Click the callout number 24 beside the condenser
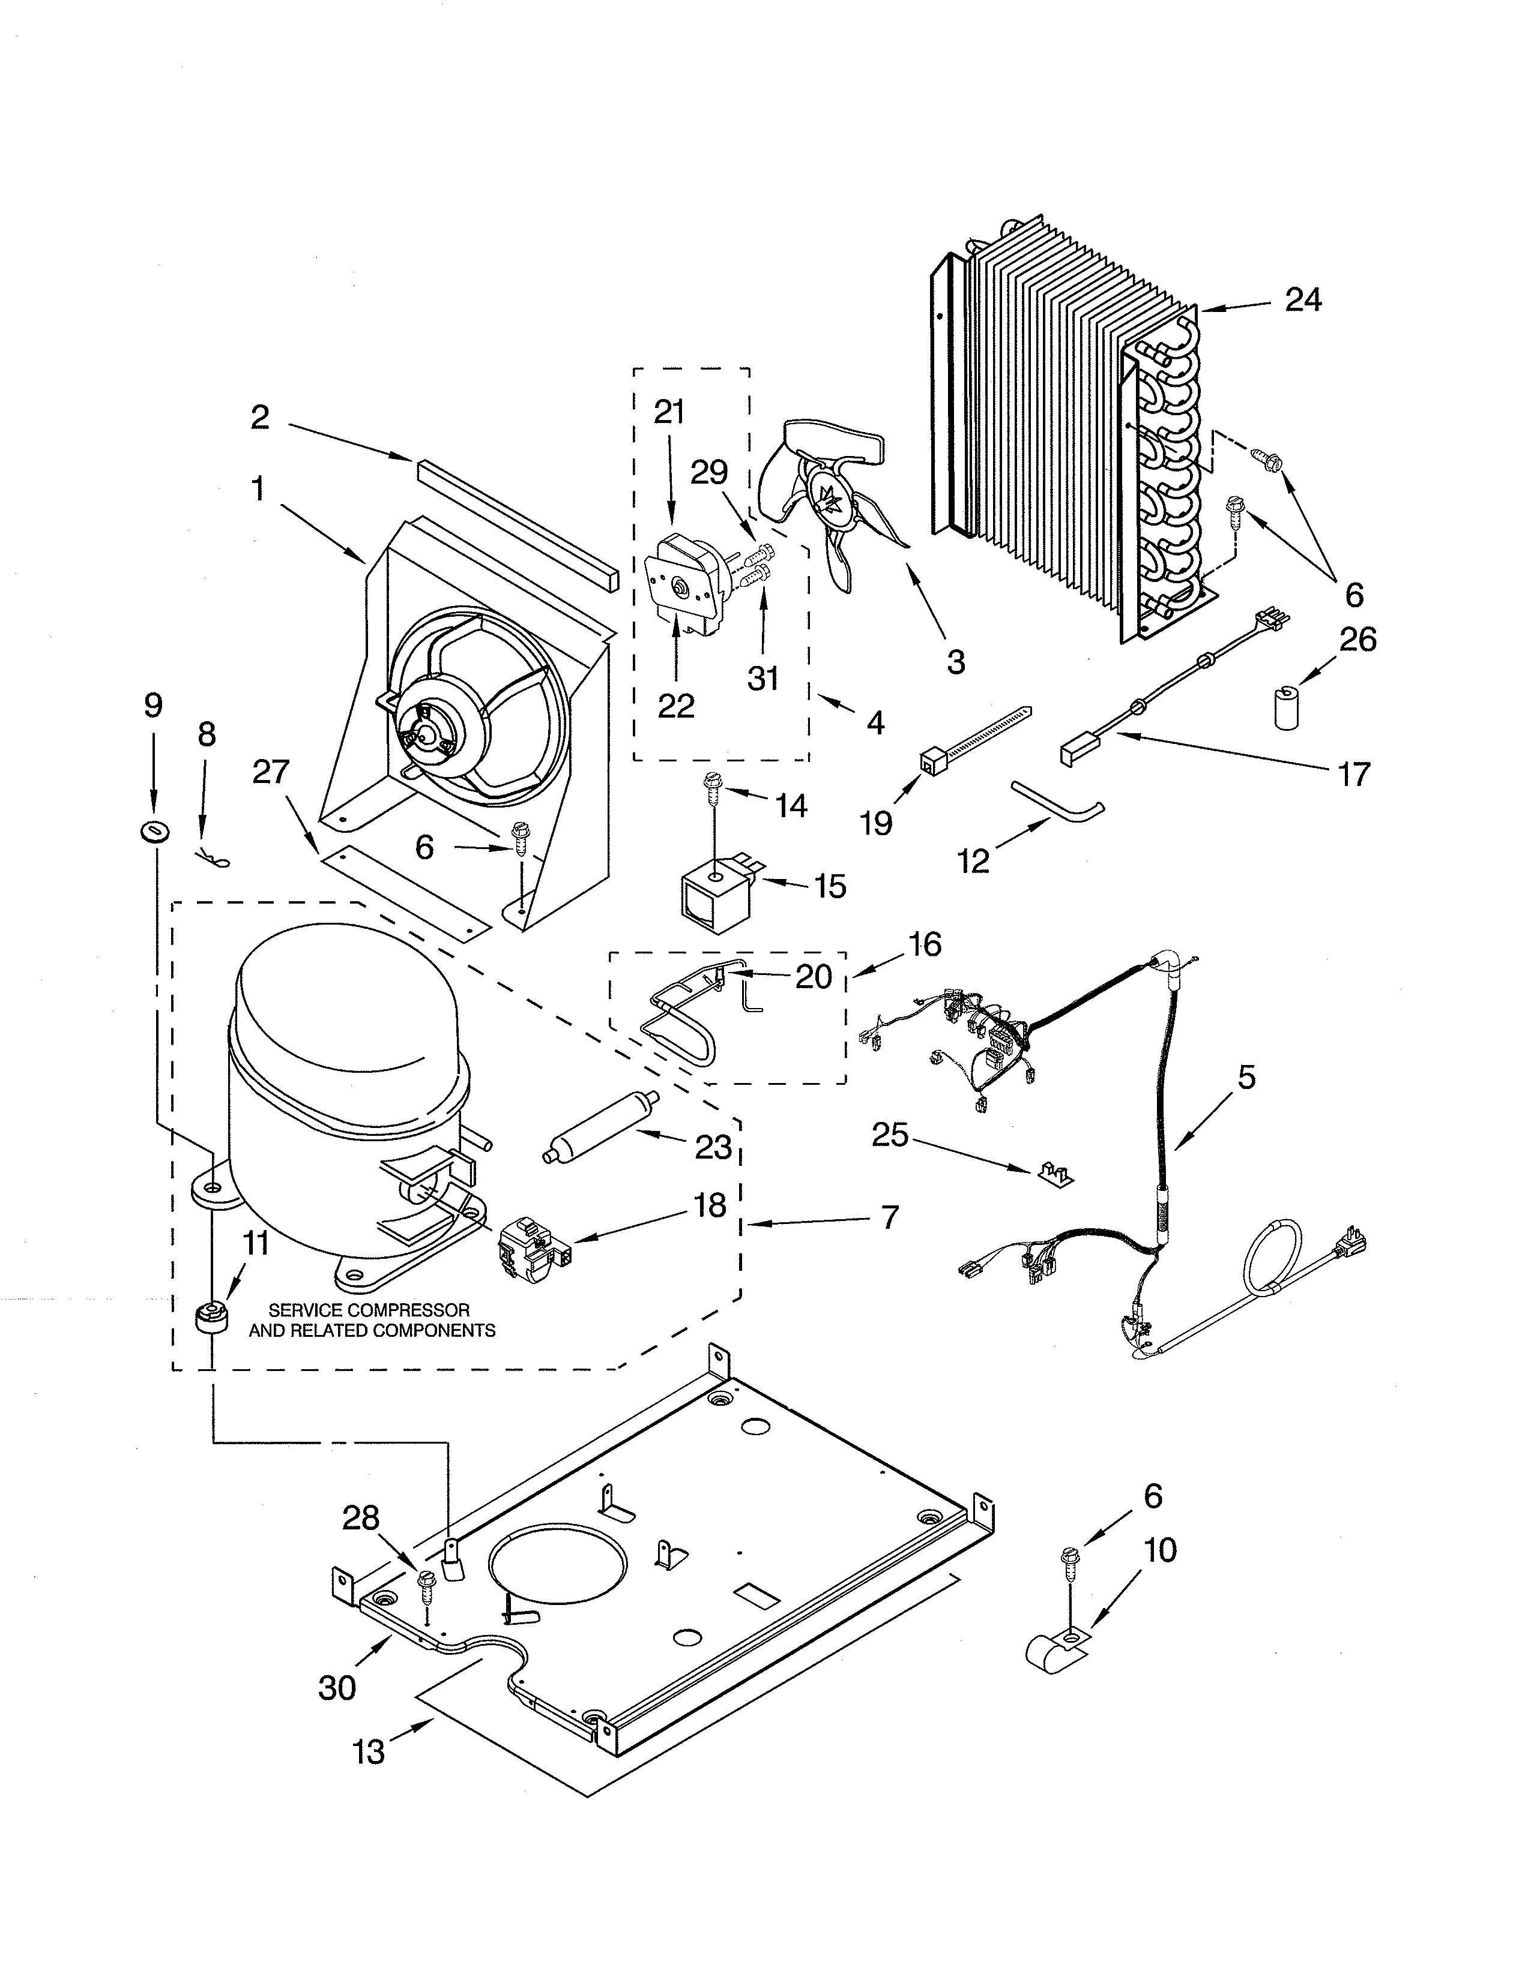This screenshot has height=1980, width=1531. [1303, 299]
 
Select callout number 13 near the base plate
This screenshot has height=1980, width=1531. [370, 1753]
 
